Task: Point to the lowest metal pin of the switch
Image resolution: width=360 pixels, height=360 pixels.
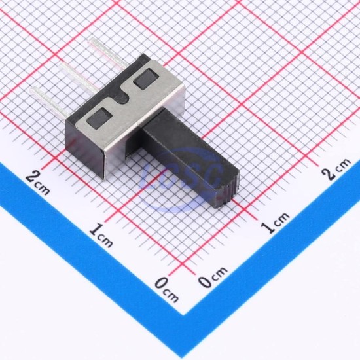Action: coord(50,101)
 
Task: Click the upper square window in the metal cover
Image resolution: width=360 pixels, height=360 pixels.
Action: coord(145,79)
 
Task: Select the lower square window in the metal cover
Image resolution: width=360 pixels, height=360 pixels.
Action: coord(99,118)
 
